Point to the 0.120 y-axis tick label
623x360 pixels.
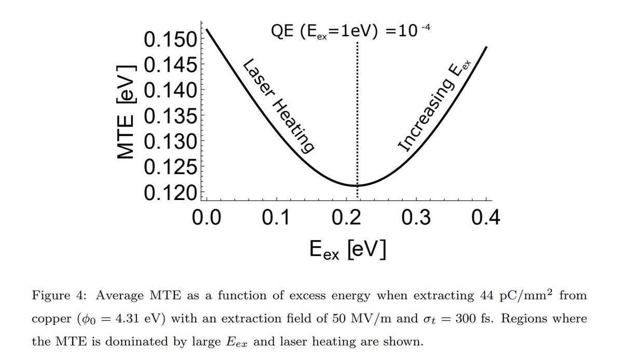(x=168, y=193)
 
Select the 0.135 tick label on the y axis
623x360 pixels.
(x=168, y=116)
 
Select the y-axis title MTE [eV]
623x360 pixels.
(x=126, y=112)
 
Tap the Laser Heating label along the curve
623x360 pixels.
(x=279, y=106)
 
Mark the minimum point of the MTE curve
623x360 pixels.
(x=356, y=185)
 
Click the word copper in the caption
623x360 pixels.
(x=47, y=319)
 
